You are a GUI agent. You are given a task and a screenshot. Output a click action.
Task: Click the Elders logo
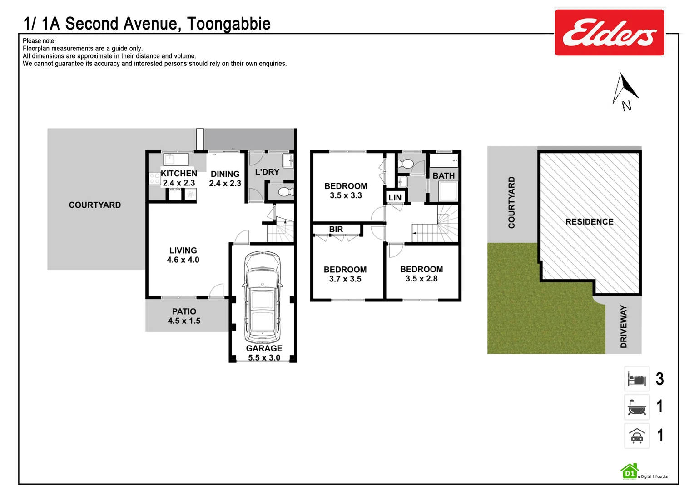click(609, 33)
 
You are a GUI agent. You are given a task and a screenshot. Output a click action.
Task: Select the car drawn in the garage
click(262, 298)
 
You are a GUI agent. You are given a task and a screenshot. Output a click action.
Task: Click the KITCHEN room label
click(179, 173)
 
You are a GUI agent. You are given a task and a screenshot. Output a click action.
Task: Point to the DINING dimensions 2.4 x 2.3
click(225, 184)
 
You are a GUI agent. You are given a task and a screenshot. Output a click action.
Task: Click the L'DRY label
click(267, 172)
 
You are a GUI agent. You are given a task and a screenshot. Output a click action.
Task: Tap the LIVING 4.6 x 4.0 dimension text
click(183, 260)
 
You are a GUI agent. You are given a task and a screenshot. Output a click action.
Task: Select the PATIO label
click(184, 311)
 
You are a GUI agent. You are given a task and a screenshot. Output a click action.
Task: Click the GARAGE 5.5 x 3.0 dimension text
click(264, 358)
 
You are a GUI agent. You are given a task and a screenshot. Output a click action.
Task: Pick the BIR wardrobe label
click(336, 230)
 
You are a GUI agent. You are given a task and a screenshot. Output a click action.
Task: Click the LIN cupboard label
click(395, 197)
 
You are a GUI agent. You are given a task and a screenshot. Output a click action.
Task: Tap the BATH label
click(443, 175)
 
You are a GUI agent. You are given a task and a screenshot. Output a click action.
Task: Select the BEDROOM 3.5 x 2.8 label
click(421, 274)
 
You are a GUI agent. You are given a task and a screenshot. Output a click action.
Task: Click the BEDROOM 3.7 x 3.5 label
click(345, 274)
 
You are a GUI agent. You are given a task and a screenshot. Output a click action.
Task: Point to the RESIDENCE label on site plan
click(589, 222)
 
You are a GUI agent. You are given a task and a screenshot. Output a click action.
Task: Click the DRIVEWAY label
click(624, 326)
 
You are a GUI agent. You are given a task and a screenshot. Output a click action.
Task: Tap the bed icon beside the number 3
click(637, 379)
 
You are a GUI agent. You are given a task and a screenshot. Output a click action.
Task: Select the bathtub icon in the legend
click(637, 407)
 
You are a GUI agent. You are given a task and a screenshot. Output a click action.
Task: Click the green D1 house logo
click(629, 472)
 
